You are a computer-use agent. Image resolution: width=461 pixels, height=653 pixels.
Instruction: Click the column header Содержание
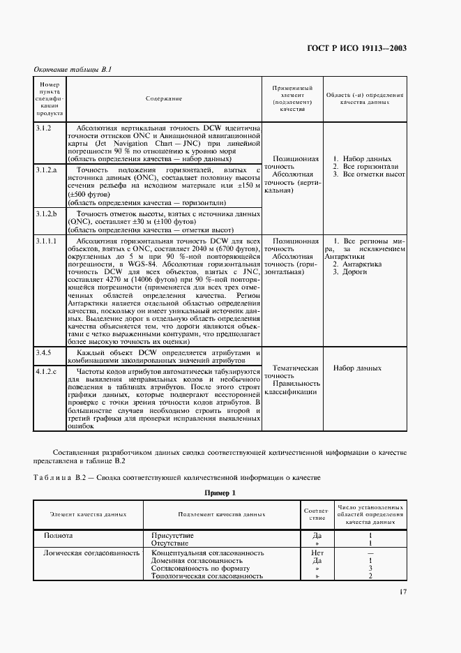[x=164, y=98]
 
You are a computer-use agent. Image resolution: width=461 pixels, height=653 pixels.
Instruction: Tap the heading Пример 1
[x=220, y=493]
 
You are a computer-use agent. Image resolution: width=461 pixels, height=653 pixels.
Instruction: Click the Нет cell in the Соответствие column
[x=317, y=552]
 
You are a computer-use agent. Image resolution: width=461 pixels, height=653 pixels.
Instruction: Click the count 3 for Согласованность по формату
[x=370, y=569]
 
